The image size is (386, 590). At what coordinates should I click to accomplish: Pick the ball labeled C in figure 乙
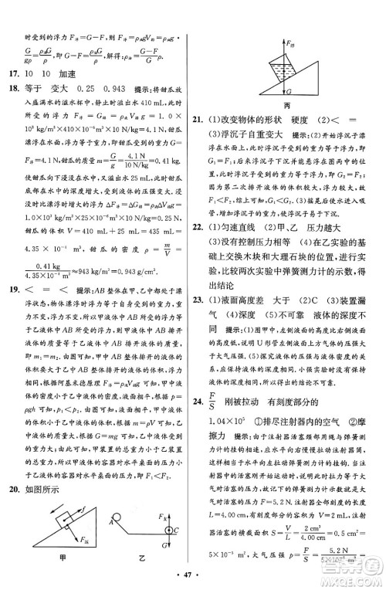[x=164, y=530]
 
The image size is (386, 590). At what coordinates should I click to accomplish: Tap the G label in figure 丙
[x=289, y=91]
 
